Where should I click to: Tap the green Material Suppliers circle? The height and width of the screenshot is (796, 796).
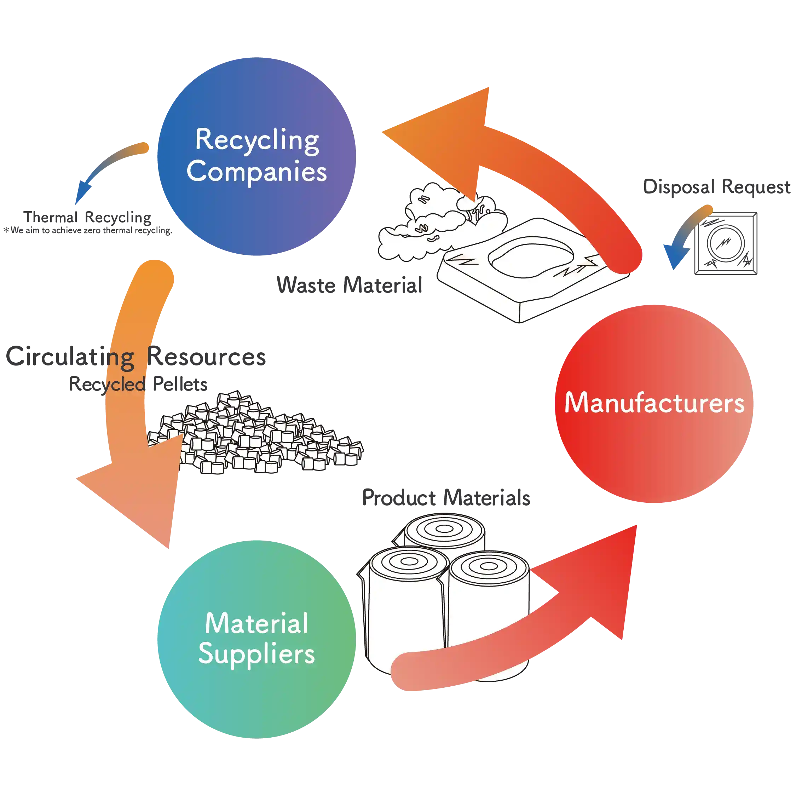click(256, 700)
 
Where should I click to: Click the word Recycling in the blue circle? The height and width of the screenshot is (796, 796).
click(257, 140)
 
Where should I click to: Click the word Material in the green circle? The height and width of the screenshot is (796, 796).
click(256, 623)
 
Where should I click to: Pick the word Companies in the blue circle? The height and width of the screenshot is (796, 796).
click(256, 171)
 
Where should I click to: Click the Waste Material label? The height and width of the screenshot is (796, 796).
click(349, 285)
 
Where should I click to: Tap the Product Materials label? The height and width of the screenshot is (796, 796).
click(446, 498)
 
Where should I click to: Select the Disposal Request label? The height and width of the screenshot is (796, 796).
click(716, 188)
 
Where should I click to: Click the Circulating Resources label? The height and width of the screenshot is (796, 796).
click(136, 357)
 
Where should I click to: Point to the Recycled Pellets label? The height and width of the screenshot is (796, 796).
click(138, 385)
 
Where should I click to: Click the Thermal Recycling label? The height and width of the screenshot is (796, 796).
click(87, 218)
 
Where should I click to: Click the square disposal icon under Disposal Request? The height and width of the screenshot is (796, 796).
click(726, 243)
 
